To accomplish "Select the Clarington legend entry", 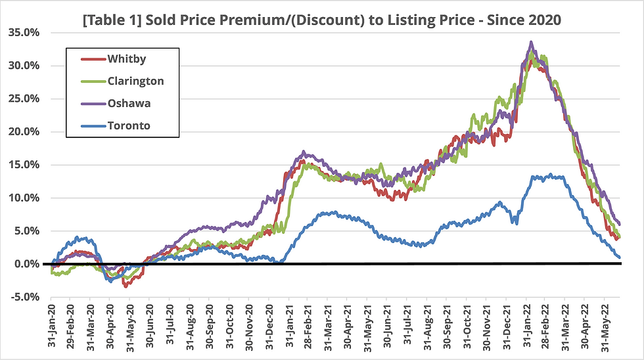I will point(135,81).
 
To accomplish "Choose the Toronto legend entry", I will point(129,125).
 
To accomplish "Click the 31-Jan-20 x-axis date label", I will point(52,324).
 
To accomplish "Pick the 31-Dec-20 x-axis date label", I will point(271,324).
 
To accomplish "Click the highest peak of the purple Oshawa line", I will point(531,43).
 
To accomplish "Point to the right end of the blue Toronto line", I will point(619,257).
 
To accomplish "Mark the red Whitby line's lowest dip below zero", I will point(125,285).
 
